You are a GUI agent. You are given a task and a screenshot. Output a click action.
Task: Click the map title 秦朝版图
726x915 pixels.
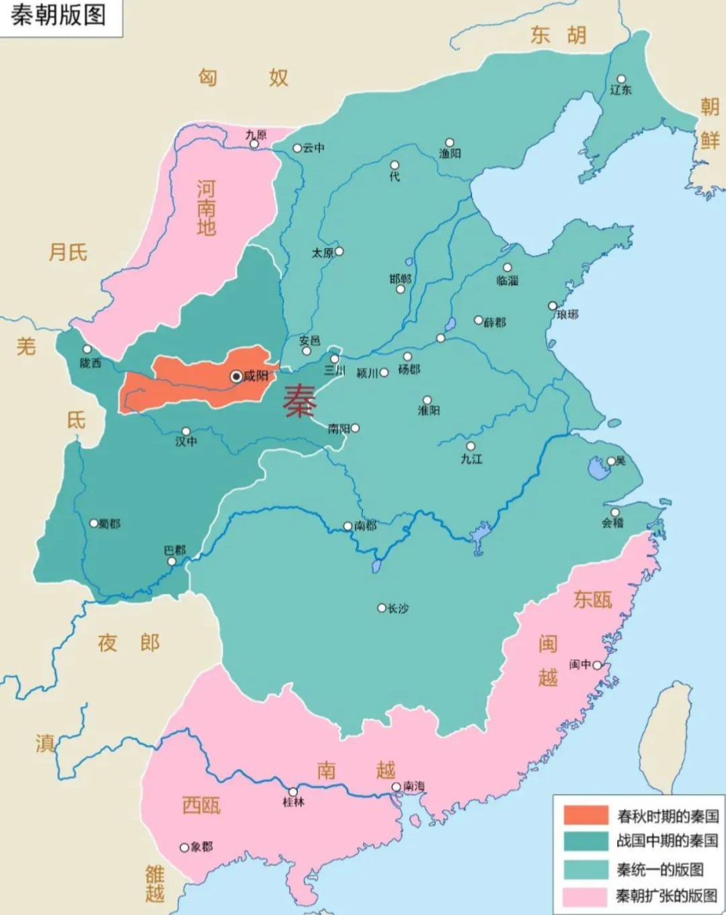[x=58, y=16]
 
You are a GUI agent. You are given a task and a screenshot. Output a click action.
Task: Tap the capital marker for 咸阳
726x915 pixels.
[x=237, y=376]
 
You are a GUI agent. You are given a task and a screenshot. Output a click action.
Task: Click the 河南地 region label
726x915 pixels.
[x=206, y=208]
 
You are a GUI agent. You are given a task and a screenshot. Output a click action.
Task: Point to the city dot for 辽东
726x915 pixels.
[x=621, y=79]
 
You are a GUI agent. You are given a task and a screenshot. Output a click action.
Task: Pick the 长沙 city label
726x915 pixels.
[x=398, y=608]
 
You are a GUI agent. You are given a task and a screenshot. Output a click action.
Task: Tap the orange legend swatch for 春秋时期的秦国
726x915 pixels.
[x=585, y=815]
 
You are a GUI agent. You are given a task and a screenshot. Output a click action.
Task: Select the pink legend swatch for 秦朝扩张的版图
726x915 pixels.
[x=585, y=896]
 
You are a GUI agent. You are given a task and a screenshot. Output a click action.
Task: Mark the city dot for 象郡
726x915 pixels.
[x=184, y=847]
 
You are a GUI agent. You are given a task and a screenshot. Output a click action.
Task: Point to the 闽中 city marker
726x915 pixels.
[x=597, y=665]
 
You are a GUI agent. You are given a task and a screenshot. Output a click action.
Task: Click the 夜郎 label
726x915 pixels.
[x=129, y=643]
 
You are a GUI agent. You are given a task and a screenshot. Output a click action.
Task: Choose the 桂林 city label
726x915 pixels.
[x=293, y=802]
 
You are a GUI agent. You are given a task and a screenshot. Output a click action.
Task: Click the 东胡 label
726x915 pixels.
[x=557, y=36]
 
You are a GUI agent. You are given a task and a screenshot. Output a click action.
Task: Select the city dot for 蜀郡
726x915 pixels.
[x=95, y=523]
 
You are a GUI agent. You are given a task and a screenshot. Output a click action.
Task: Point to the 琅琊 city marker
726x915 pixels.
[x=552, y=305]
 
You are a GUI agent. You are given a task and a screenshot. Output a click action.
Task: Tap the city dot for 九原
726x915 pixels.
[x=254, y=144]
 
